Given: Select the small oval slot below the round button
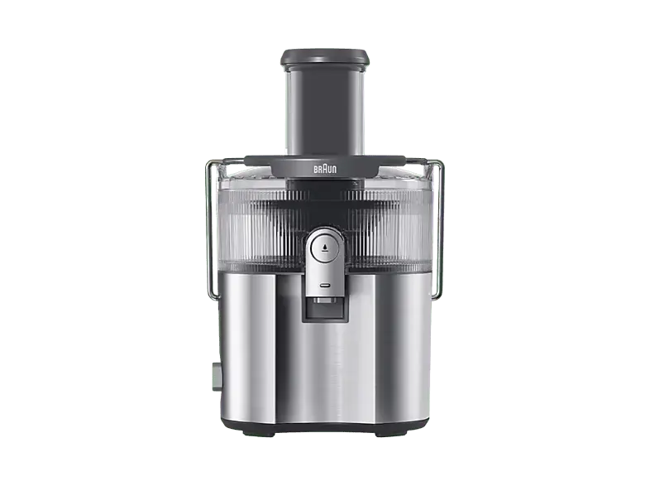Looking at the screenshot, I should [x=325, y=284].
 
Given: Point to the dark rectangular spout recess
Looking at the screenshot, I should [x=325, y=310].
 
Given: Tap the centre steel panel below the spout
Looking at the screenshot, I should [x=325, y=364].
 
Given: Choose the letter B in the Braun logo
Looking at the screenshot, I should [x=315, y=168].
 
